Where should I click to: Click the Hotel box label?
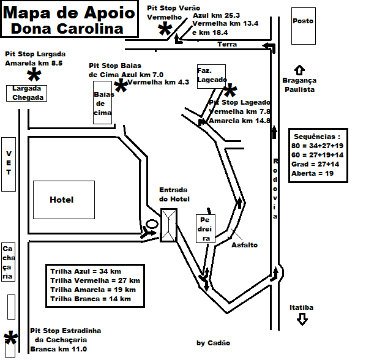point(62,200)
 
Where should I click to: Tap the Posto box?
point(304,26)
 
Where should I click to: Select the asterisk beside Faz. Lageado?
point(230,90)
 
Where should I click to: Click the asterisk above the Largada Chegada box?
point(34,74)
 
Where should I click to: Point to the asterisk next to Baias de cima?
point(121,86)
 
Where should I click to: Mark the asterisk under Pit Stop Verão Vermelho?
point(165,29)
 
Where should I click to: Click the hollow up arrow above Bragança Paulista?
point(299,70)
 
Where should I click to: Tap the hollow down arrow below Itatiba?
point(302,319)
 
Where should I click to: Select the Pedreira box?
point(206,228)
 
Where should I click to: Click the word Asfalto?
point(244,245)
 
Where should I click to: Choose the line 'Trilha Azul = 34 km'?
point(86,271)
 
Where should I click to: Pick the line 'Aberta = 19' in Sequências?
point(312,173)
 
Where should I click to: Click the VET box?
point(9,164)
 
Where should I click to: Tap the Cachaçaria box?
point(8,262)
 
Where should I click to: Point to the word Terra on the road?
point(227,44)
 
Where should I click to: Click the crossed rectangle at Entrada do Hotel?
point(169,225)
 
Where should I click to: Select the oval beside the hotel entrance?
point(152,224)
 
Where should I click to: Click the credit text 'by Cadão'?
point(214,343)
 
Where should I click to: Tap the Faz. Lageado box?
point(212,77)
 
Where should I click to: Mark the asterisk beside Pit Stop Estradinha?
point(11,337)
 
